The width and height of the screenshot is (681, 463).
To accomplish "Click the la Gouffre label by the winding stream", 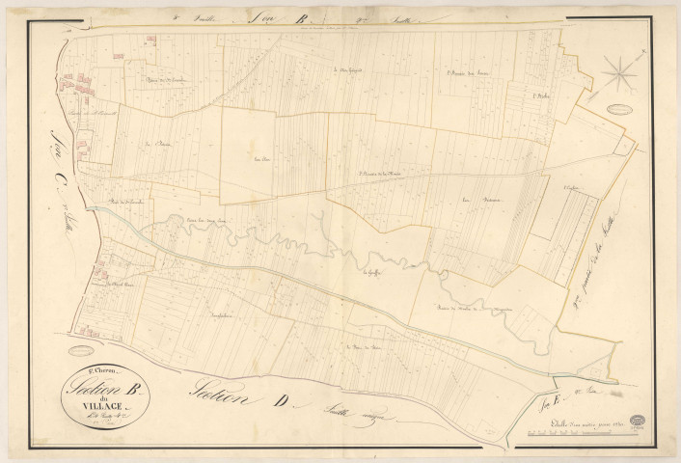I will (369, 272).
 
